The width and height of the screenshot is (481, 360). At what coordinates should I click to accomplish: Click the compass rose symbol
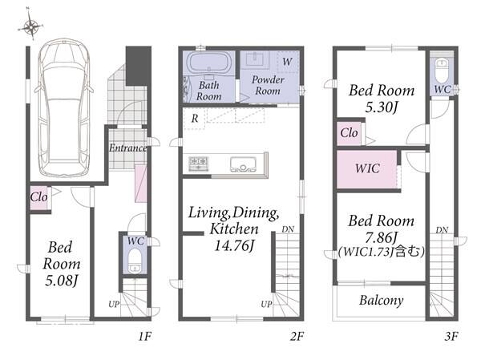click(31, 26)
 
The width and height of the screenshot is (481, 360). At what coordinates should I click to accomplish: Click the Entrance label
click(127, 148)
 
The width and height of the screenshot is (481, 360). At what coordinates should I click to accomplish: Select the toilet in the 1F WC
click(135, 261)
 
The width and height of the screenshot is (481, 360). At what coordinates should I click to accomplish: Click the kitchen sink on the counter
click(243, 164)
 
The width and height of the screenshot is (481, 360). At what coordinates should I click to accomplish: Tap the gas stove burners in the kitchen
click(199, 164)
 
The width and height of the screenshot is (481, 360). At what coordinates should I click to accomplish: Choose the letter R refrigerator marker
click(195, 119)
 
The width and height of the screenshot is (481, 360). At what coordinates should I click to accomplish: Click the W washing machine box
click(288, 62)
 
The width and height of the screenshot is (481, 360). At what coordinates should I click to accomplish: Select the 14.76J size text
click(235, 245)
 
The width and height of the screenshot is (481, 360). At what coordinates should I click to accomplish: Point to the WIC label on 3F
click(367, 168)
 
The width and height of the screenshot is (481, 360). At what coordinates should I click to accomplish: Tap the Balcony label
click(382, 300)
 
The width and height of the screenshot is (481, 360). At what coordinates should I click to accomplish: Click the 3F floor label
click(451, 337)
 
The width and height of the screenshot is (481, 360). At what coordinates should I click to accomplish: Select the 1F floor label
click(145, 337)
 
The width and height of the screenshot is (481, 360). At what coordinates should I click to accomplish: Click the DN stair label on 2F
click(288, 229)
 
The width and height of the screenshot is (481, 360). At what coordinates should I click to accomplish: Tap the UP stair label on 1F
click(114, 305)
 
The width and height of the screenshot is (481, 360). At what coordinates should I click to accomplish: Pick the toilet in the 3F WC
click(442, 70)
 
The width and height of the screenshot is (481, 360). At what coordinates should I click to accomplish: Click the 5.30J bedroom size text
click(382, 107)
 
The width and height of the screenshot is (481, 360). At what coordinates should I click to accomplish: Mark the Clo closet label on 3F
click(349, 133)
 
